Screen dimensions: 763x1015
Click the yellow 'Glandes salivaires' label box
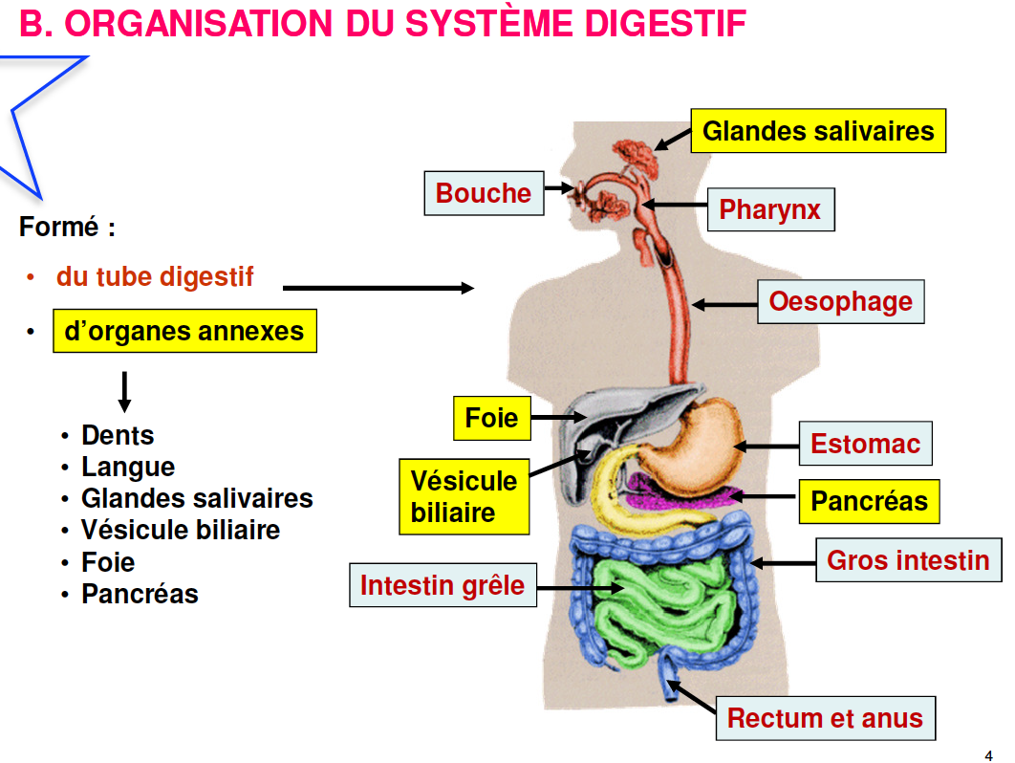[x=818, y=131]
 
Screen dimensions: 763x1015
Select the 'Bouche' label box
[x=484, y=193]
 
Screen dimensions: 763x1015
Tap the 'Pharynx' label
[x=769, y=209]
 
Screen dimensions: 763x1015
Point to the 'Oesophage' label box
[x=840, y=302]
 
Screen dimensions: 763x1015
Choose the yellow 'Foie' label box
[x=491, y=418]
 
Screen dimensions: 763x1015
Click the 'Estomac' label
[x=865, y=444]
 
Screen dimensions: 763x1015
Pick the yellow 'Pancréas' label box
[x=869, y=501]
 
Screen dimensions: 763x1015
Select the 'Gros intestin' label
[x=908, y=559]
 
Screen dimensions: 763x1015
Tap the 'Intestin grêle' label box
[x=442, y=584]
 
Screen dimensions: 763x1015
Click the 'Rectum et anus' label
[x=825, y=719]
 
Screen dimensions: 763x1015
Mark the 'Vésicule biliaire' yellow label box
[x=464, y=496]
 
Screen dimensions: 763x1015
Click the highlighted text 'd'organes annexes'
[x=184, y=332]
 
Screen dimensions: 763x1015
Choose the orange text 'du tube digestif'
[x=155, y=277]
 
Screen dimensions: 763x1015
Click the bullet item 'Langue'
[x=128, y=468]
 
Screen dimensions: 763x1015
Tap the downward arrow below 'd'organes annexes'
[x=123, y=391]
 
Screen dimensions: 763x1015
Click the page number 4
[x=988, y=753]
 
